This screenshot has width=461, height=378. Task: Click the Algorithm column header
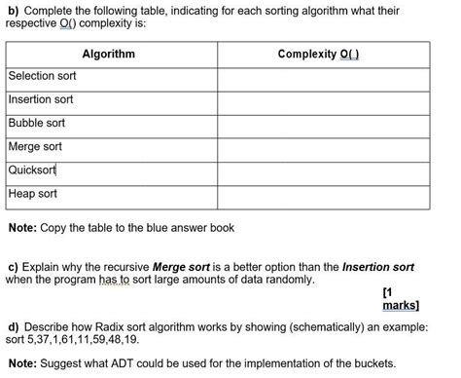(x=108, y=54)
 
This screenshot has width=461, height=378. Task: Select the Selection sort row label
(x=42, y=76)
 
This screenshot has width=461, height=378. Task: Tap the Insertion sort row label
(x=41, y=99)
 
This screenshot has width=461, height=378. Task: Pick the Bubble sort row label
(x=37, y=123)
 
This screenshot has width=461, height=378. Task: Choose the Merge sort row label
(x=35, y=146)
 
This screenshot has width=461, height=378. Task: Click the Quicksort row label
(x=33, y=170)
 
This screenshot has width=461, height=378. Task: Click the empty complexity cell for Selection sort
(x=324, y=77)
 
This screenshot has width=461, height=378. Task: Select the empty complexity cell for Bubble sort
(x=324, y=124)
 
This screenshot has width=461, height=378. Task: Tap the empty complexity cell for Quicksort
(x=324, y=170)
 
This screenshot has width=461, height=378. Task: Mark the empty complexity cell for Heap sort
(x=324, y=194)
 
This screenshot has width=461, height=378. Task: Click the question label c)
(x=13, y=265)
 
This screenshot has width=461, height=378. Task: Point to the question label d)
(x=13, y=327)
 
